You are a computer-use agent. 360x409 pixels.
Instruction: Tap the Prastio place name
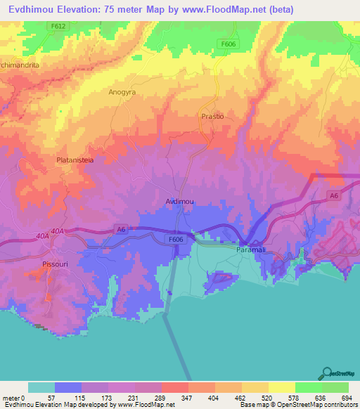point(212,117)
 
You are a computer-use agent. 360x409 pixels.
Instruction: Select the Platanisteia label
point(75,160)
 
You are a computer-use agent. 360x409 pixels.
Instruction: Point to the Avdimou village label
point(179,201)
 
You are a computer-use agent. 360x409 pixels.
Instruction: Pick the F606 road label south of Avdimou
point(175,240)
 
